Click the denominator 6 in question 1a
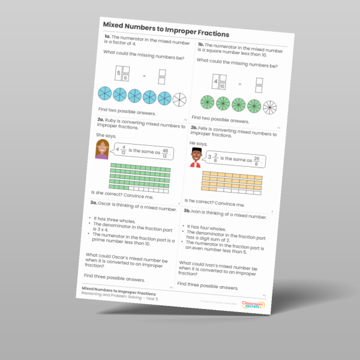tap(125, 77)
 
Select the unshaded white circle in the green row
tap(271, 108)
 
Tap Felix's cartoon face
tap(195, 159)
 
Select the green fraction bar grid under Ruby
tap(139, 178)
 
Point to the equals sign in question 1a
tap(144, 76)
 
